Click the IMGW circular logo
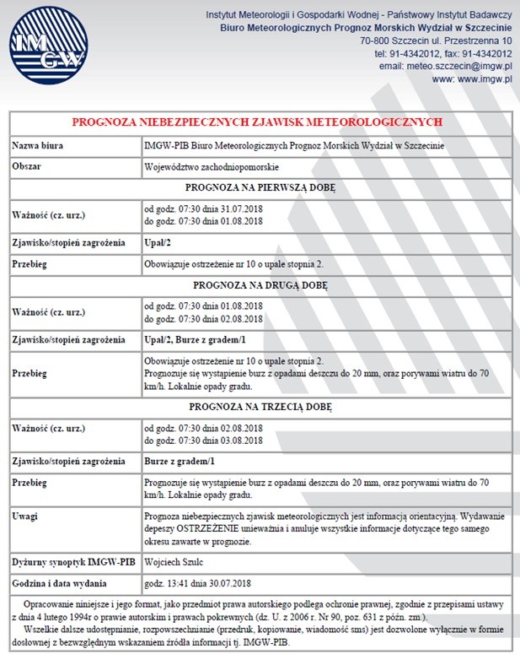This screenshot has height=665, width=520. pos(48,46)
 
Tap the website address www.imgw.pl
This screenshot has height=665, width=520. pos(485,78)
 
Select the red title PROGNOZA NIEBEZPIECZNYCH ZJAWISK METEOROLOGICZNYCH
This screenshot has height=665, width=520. pos(256,122)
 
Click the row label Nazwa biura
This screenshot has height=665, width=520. pos(38,145)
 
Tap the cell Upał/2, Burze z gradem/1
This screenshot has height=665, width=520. pos(196,340)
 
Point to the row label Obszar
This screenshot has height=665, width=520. pos(27,166)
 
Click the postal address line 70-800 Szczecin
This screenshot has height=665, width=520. pos(435,41)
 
